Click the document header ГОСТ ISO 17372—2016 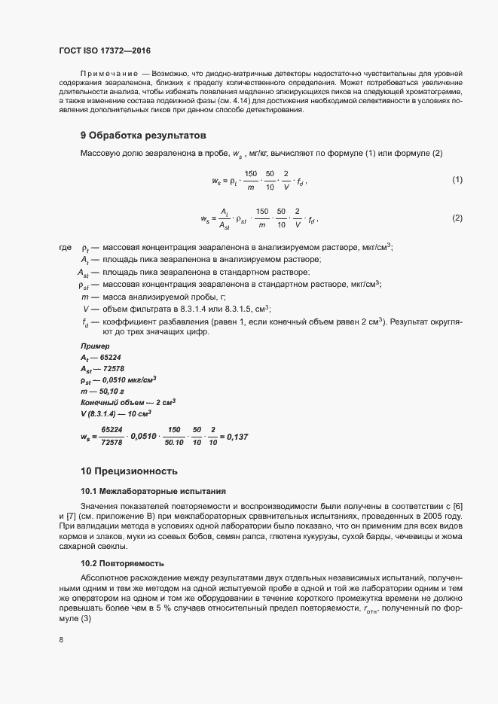click(105, 50)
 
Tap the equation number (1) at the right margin click(457, 180)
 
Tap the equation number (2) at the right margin click(457, 218)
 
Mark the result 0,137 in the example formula click(237, 437)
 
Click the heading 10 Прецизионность click(129, 471)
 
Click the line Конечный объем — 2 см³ click(127, 401)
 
